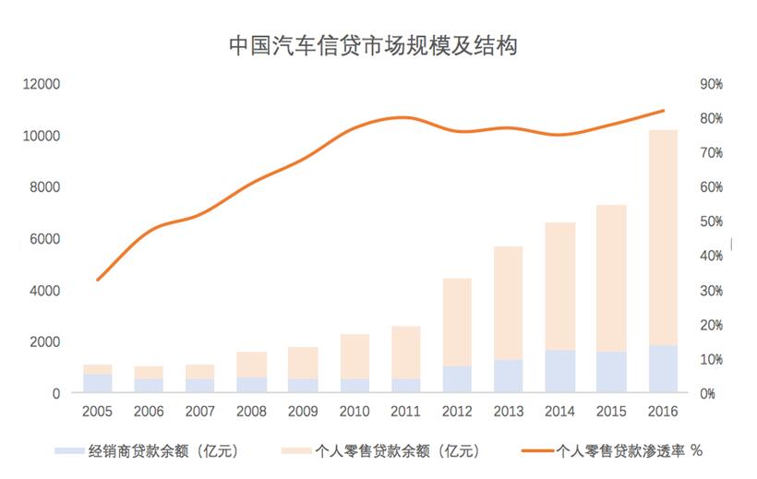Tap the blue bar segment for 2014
(x=561, y=371)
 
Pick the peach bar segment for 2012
(x=457, y=322)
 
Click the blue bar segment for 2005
(x=97, y=383)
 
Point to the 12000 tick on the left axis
(x=42, y=84)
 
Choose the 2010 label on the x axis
(x=355, y=411)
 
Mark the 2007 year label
(x=200, y=411)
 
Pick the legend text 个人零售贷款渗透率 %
(x=631, y=451)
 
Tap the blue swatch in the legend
(x=69, y=451)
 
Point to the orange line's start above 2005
(x=97, y=280)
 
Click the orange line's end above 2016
(x=664, y=111)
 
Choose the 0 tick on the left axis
(x=55, y=394)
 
